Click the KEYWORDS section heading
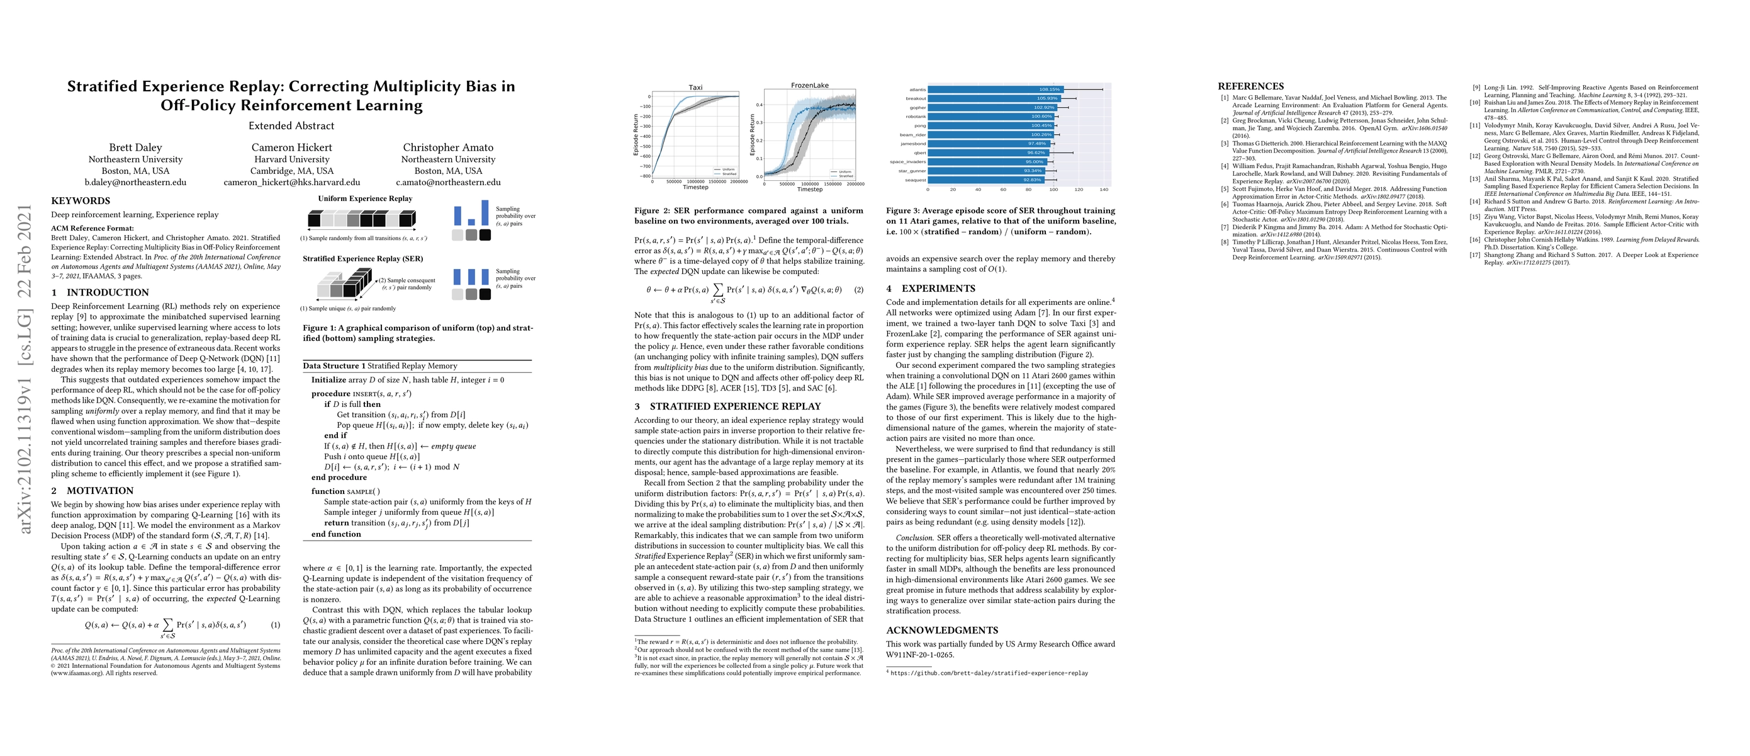coord(80,201)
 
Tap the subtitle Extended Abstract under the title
coord(291,126)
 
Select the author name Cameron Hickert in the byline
coord(291,147)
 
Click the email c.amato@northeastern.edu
coord(449,182)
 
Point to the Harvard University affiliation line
coord(291,159)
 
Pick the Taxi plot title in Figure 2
coord(695,88)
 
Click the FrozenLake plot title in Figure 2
coord(810,86)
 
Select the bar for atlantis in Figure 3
coord(996,89)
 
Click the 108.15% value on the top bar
coord(1049,89)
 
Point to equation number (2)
coord(859,290)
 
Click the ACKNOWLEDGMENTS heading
coord(933,630)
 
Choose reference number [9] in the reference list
coord(1476,88)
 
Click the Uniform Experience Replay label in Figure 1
coord(365,198)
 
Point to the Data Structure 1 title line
coord(379,366)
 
